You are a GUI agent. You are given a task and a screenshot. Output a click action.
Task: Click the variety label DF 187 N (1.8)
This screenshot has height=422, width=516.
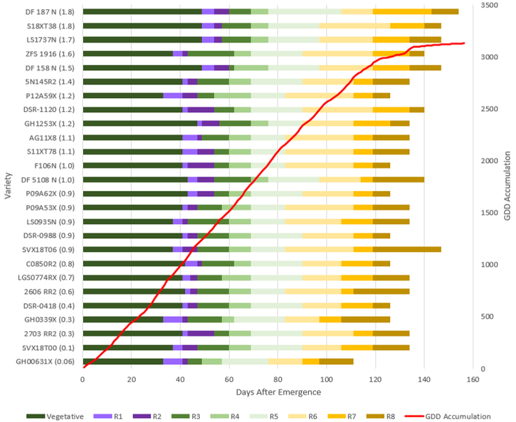coord(49,12)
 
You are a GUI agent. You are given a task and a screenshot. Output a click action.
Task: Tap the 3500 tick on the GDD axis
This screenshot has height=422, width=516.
coord(488,5)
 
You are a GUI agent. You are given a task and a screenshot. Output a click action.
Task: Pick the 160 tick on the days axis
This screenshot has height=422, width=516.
coord(473,379)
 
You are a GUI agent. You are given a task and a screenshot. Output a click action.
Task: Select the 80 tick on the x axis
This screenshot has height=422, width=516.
coord(278,379)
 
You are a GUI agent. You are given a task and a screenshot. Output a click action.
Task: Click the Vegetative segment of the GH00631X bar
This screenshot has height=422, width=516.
coord(123,361)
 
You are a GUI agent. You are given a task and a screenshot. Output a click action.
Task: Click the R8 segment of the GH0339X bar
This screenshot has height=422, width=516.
coord(365,319)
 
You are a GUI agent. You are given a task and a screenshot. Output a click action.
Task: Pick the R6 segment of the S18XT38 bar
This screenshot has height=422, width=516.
coord(354,25)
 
